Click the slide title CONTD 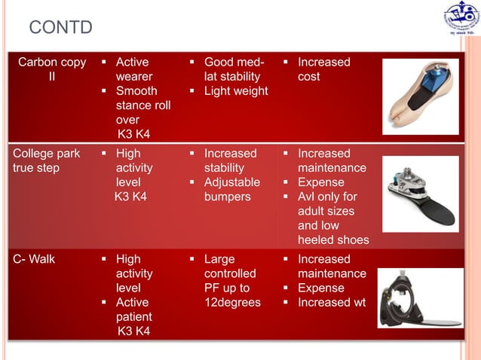pyautogui.click(x=60, y=28)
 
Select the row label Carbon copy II pyautogui.click(x=51, y=69)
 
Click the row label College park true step pyautogui.click(x=46, y=160)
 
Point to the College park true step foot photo pyautogui.click(x=420, y=194)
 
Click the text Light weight pyautogui.click(x=236, y=91)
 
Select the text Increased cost pyautogui.click(x=323, y=69)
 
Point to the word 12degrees pyautogui.click(x=232, y=302)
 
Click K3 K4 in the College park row pyautogui.click(x=132, y=197)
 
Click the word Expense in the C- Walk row pyautogui.click(x=320, y=288)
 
